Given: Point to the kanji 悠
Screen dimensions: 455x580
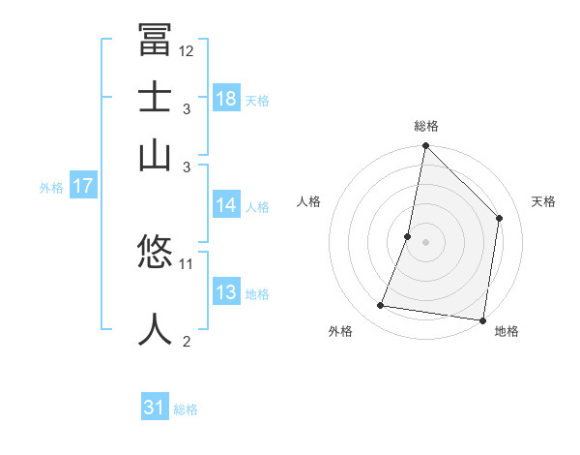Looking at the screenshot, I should (155, 255).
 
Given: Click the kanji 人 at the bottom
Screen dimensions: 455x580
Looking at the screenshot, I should (155, 327).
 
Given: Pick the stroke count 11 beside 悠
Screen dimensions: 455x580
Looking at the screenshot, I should (187, 263).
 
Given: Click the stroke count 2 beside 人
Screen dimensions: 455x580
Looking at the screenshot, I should (187, 341).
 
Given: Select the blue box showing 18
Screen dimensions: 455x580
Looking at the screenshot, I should (226, 99).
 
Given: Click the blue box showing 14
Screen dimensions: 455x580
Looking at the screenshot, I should (226, 205).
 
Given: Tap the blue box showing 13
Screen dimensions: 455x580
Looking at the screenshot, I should (226, 292).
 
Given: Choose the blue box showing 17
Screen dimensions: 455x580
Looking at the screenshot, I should (82, 186).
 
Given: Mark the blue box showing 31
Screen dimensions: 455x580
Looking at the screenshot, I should (155, 408).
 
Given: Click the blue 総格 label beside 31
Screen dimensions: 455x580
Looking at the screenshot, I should (186, 409).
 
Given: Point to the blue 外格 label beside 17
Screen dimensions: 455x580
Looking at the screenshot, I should (51, 188).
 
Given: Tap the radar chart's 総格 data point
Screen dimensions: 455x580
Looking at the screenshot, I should (425, 146).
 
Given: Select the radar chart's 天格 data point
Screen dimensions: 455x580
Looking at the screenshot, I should (500, 218).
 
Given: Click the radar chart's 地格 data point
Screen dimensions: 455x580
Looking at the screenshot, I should (482, 319).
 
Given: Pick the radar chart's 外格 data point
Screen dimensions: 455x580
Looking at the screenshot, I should (381, 306).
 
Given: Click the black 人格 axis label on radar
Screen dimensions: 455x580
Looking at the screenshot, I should (309, 201).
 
